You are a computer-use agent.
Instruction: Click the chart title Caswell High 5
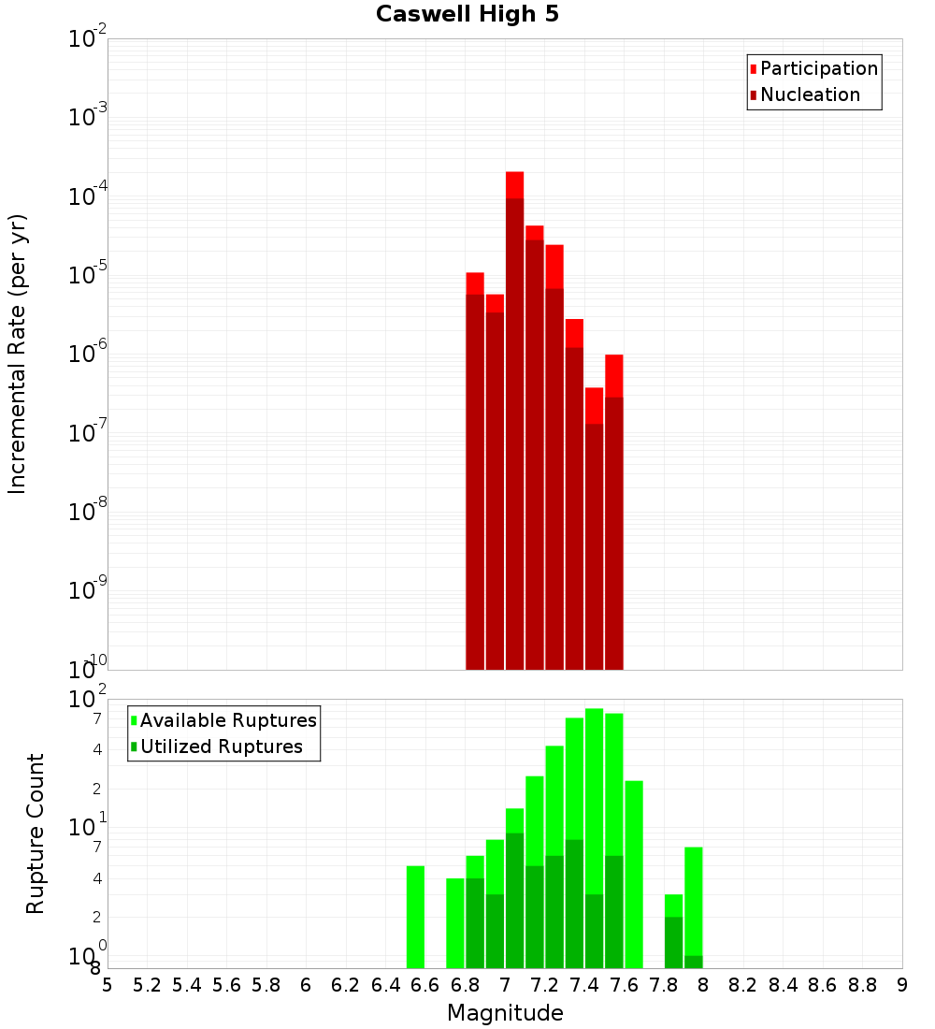[x=467, y=15]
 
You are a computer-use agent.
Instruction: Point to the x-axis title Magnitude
[x=505, y=1013]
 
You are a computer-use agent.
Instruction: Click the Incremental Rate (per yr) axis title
[x=18, y=354]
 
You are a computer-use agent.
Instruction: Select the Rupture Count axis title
[x=36, y=833]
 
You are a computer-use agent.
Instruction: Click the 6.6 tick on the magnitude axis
[x=425, y=985]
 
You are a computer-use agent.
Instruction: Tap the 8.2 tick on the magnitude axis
[x=743, y=985]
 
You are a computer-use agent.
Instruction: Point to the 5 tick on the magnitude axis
[x=108, y=985]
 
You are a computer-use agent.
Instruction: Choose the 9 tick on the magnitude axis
[x=902, y=985]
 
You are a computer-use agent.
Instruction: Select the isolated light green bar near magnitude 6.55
[x=415, y=917]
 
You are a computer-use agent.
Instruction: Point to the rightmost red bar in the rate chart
[x=613, y=514]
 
